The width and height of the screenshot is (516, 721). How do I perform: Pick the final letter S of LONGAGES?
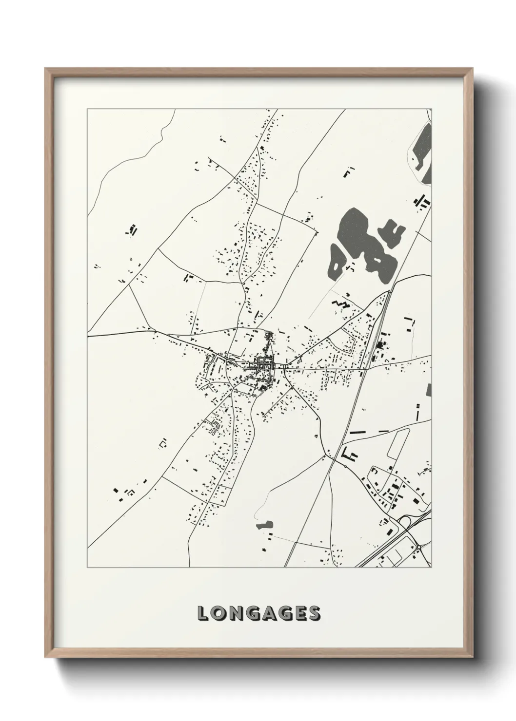point(313,613)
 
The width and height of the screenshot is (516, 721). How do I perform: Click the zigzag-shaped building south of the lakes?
point(341,305)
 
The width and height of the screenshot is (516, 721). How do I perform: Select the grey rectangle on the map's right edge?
point(429,390)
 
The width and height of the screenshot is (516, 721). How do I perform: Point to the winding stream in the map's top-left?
point(132,151)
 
